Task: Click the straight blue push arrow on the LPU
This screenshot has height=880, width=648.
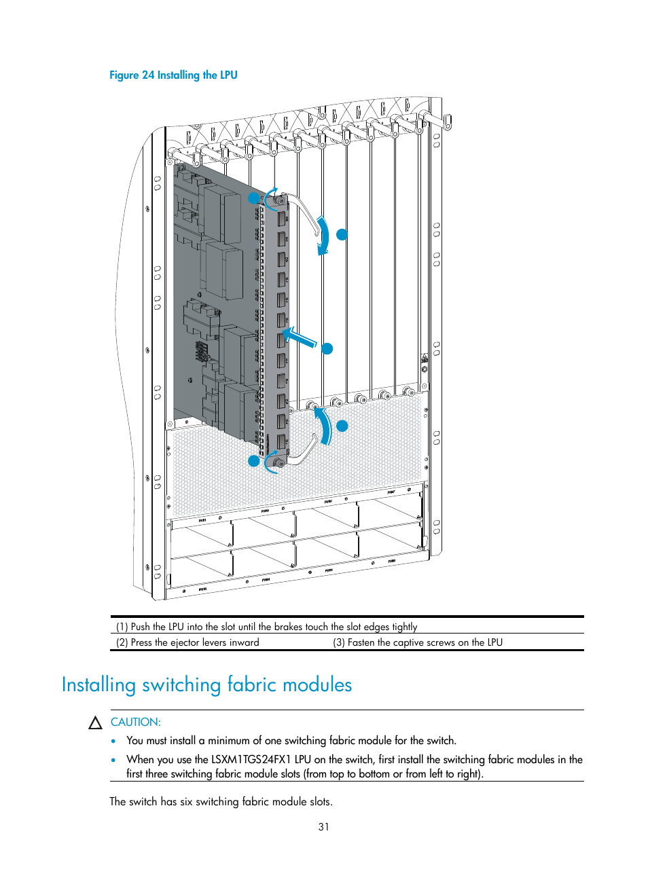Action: click(x=300, y=337)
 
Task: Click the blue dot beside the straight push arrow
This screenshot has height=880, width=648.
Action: click(x=327, y=349)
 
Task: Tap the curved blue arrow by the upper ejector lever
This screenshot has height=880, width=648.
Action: click(x=323, y=235)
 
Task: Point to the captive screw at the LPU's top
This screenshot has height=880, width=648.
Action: click(x=280, y=200)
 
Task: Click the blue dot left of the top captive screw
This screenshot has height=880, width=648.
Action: click(x=253, y=198)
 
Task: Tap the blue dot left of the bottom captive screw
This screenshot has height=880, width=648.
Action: click(x=254, y=461)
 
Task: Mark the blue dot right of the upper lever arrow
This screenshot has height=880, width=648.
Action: click(x=342, y=234)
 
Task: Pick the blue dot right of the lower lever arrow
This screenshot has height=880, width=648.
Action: click(x=342, y=426)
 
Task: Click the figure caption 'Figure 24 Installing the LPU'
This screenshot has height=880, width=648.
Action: click(x=173, y=75)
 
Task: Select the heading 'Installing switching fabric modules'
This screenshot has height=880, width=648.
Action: click(x=206, y=684)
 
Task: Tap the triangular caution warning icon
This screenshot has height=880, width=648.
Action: click(x=96, y=723)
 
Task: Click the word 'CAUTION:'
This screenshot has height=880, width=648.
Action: click(x=136, y=722)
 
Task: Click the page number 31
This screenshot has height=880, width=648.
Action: click(x=323, y=827)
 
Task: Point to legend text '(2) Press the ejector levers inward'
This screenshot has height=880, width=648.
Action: click(x=187, y=642)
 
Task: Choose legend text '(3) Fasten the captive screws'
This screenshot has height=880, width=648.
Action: click(x=417, y=642)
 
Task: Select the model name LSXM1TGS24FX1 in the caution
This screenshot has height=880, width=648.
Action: click(x=251, y=760)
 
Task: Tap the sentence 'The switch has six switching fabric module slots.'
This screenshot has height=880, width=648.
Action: click(x=221, y=802)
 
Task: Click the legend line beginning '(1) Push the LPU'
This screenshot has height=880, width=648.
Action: click(x=266, y=627)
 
